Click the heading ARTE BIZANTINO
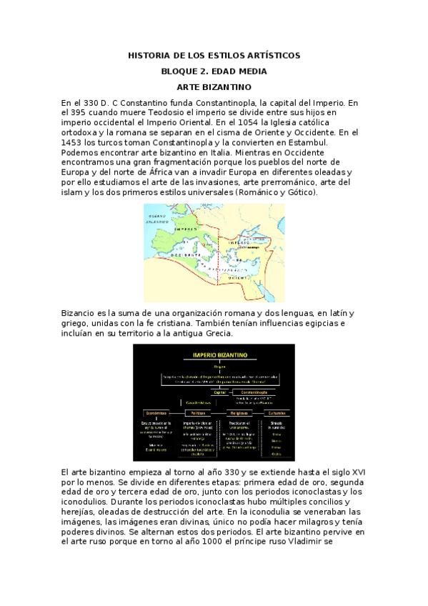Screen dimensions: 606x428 click(214, 86)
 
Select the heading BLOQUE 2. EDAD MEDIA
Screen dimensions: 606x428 click(214, 71)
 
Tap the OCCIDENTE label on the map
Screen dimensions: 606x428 click(182, 255)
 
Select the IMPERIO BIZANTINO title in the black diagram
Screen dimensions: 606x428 click(214, 354)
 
